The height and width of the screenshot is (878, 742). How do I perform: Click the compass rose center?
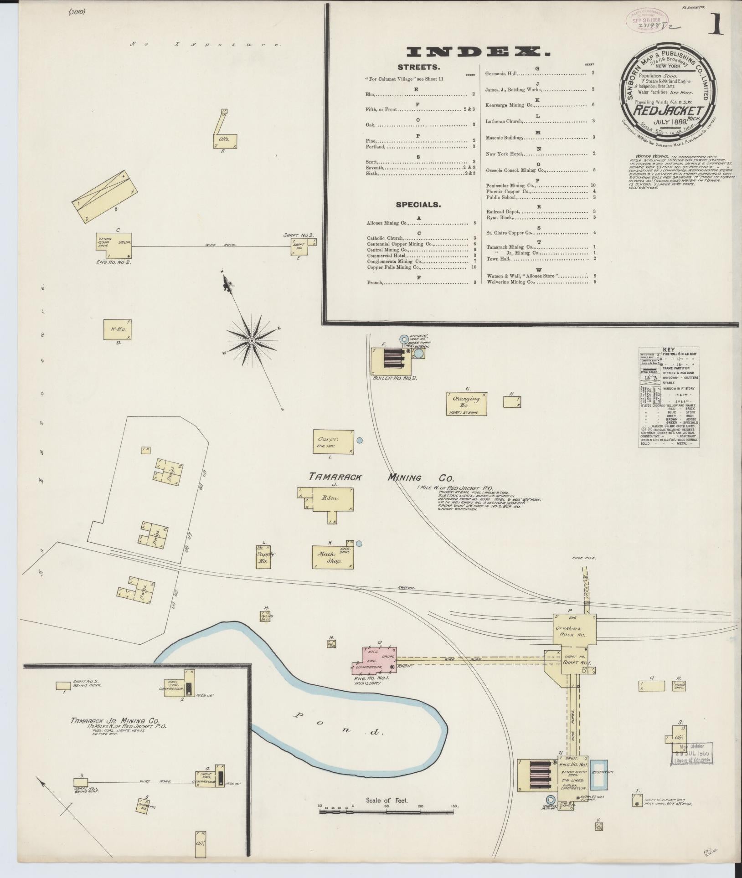(251, 340)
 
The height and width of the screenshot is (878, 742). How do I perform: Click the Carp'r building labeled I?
(333, 441)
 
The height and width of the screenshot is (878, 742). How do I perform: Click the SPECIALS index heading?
(418, 205)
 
